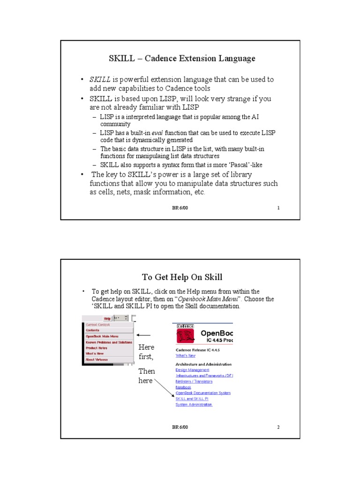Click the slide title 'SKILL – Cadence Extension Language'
(182, 59)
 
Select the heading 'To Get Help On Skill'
(182, 277)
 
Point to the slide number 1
(278, 208)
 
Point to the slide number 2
(278, 427)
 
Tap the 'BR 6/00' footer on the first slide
(180, 208)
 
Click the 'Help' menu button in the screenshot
(107, 318)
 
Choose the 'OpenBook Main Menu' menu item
(102, 336)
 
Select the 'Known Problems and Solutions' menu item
(108, 342)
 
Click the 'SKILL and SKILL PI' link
(191, 399)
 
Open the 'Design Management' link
(192, 370)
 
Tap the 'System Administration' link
(194, 405)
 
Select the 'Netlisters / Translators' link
(194, 382)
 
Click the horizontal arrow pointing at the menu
(143, 335)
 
